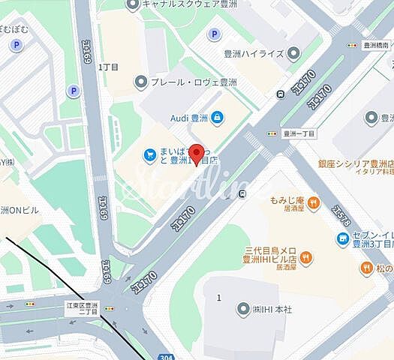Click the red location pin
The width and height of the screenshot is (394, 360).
(197, 152)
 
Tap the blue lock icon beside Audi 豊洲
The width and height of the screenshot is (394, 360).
(217, 117)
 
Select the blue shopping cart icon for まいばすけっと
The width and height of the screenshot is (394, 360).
(150, 154)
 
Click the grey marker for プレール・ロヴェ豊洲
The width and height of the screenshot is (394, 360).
(140, 82)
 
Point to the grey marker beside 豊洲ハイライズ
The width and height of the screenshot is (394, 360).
(293, 52)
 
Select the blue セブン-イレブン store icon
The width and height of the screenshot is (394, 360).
(344, 239)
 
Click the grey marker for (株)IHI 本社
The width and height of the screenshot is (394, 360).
(242, 309)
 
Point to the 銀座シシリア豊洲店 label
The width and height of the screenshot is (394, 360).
(356, 163)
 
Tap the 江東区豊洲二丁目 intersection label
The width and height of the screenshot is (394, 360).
(81, 308)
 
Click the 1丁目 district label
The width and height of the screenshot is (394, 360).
(110, 67)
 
